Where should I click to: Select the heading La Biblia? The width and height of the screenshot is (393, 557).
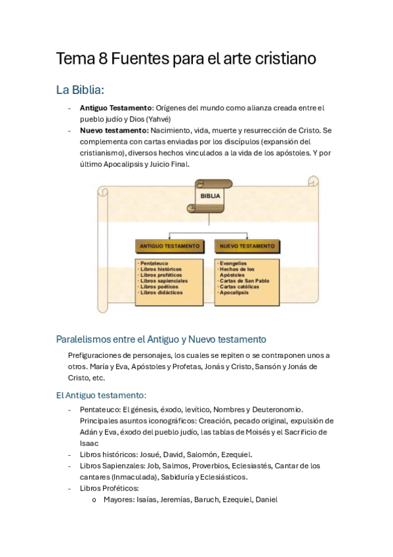80,89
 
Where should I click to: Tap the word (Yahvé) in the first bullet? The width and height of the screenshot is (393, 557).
157,119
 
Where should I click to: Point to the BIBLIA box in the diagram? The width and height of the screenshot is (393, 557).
210,196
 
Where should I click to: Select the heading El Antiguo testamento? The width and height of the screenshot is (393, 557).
101,395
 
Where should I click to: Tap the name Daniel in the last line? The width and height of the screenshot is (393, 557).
266,500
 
